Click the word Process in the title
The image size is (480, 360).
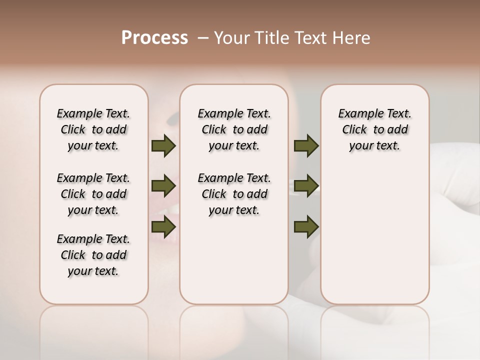(x=154, y=38)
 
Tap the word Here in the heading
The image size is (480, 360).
(x=352, y=38)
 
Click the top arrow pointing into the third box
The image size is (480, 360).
(x=306, y=145)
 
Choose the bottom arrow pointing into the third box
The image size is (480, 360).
(x=306, y=227)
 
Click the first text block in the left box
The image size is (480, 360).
(x=93, y=129)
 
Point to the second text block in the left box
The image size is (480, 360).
(x=93, y=194)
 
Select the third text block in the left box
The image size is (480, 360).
(x=93, y=255)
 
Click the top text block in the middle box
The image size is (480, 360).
(x=234, y=129)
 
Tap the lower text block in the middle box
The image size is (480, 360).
(x=234, y=194)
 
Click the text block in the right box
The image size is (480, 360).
(x=375, y=129)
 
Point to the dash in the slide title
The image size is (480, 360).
(x=203, y=38)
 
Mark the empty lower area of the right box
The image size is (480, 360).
(x=375, y=235)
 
